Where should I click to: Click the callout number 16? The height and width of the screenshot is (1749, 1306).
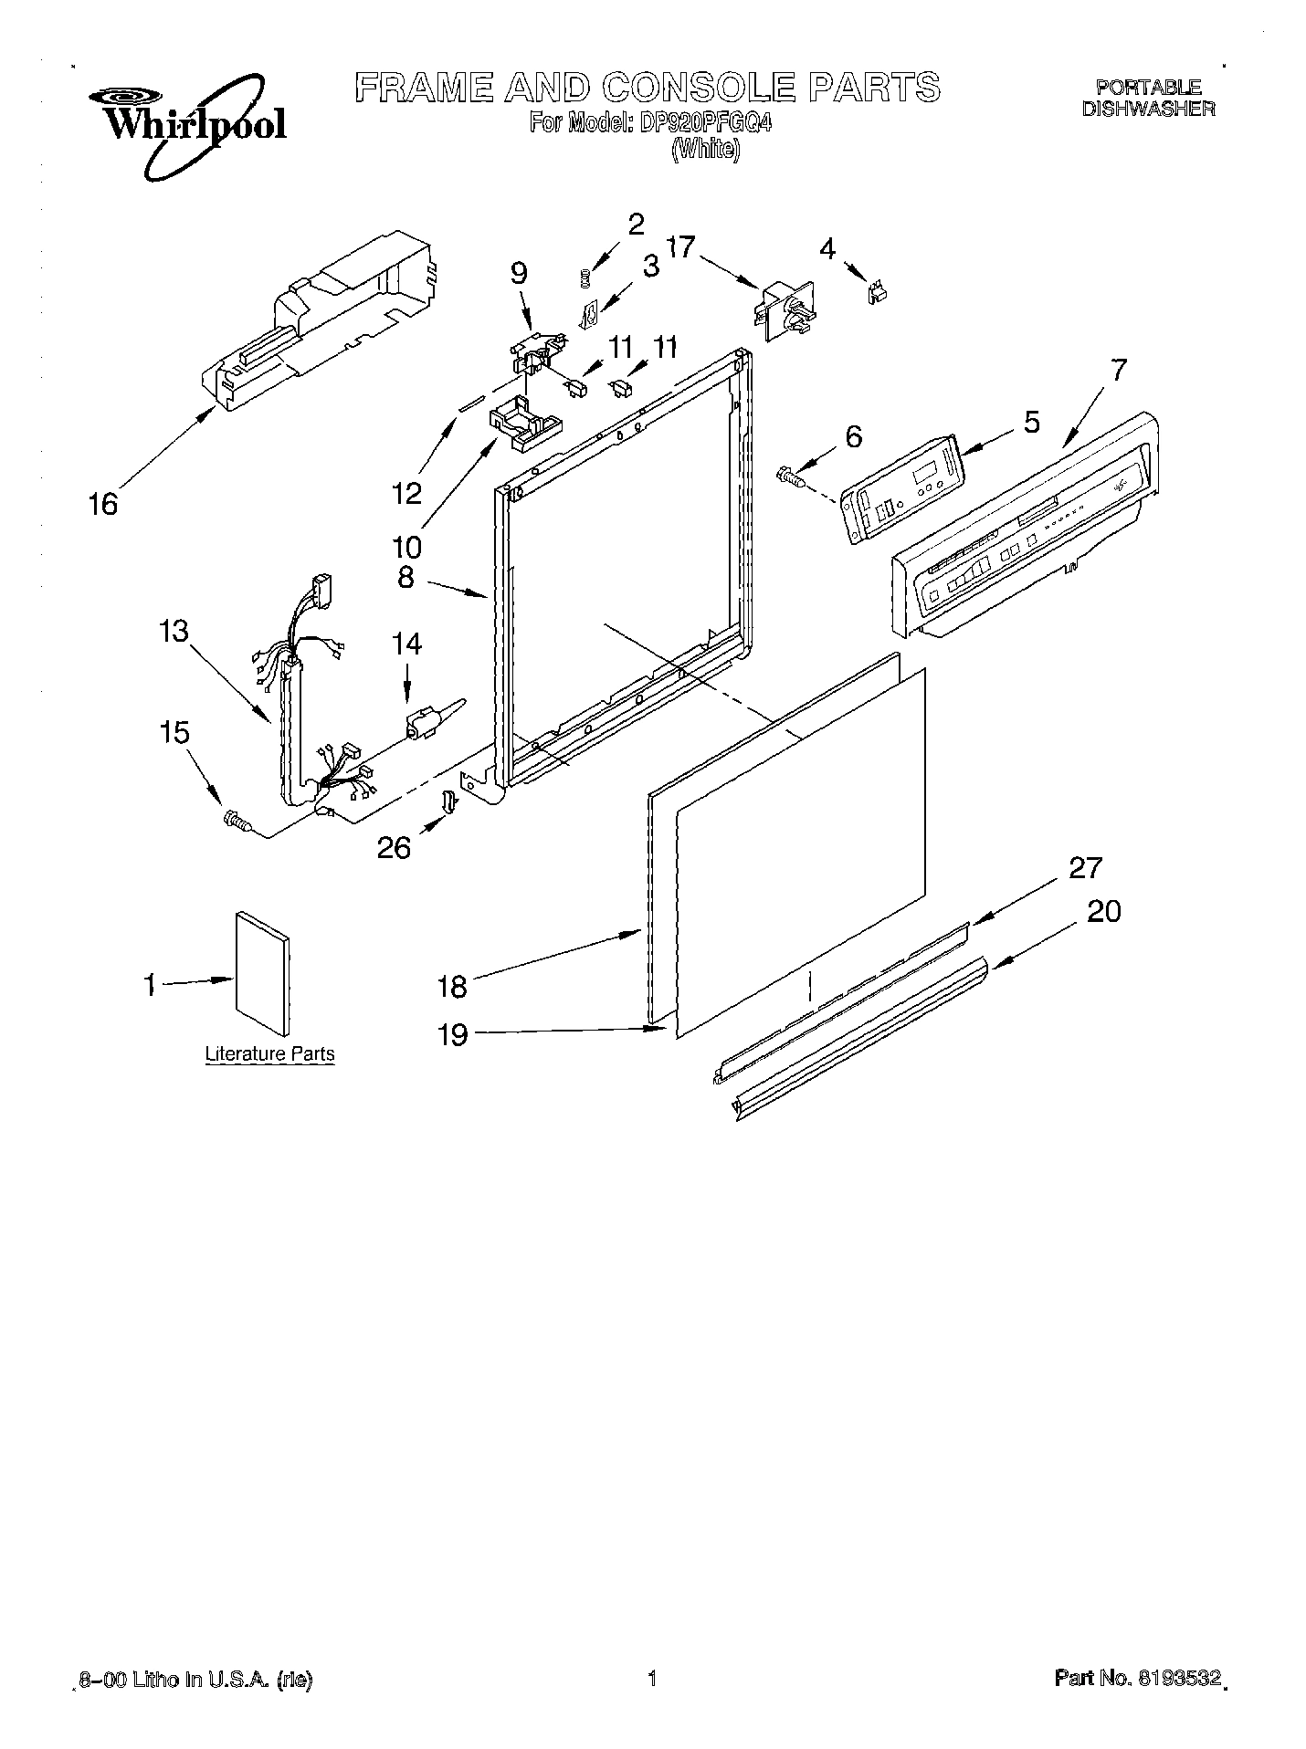pyautogui.click(x=103, y=503)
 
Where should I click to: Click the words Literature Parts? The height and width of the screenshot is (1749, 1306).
pyautogui.click(x=269, y=1053)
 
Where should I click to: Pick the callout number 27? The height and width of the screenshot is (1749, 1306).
pyautogui.click(x=1085, y=867)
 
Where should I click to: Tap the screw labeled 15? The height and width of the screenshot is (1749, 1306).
pyautogui.click(x=237, y=821)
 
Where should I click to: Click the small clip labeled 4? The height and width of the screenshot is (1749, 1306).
pyautogui.click(x=879, y=291)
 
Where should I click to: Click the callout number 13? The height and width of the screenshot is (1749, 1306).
pyautogui.click(x=173, y=631)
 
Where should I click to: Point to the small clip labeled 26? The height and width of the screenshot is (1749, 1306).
pyautogui.click(x=448, y=801)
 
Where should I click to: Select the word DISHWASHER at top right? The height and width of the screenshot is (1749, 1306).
pyautogui.click(x=1148, y=109)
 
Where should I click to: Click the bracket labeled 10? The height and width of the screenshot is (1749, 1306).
pyautogui.click(x=524, y=422)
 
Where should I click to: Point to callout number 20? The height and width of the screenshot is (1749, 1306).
pyautogui.click(x=1103, y=911)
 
